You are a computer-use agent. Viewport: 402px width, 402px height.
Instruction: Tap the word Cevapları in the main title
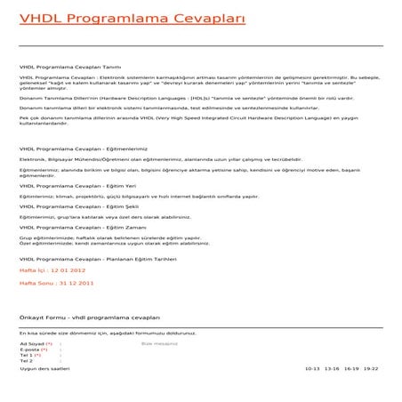pyautogui.click(x=199, y=19)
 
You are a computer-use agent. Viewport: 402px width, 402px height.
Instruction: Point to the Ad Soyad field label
pyautogui.click(x=32, y=342)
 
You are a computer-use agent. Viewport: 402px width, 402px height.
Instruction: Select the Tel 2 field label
pyautogui.click(x=26, y=361)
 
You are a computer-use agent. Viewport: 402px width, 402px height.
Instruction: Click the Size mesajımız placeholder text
pyautogui.click(x=160, y=342)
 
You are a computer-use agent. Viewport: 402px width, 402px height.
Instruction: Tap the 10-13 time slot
pyautogui.click(x=311, y=368)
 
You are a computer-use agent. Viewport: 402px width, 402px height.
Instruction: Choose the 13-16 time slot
pyautogui.click(x=332, y=368)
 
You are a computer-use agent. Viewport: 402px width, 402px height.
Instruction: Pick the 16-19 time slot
pyautogui.click(x=351, y=368)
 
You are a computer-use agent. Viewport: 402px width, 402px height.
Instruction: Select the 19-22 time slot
pyautogui.click(x=371, y=368)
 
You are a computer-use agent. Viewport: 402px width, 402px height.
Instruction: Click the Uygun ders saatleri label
pyautogui.click(x=44, y=368)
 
